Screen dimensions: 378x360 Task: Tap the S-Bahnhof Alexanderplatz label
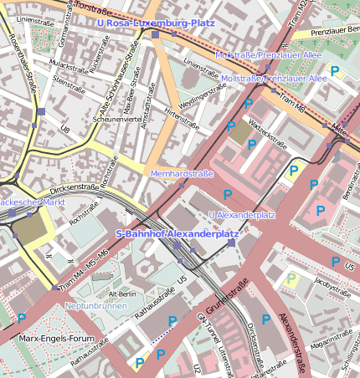click(x=177, y=234)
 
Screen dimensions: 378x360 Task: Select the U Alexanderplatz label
click(x=241, y=215)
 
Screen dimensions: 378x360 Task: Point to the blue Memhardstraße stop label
click(x=182, y=173)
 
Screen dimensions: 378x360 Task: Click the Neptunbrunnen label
click(x=96, y=306)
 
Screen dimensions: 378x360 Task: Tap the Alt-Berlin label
click(x=122, y=294)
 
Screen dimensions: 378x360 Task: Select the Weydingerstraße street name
click(x=198, y=93)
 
